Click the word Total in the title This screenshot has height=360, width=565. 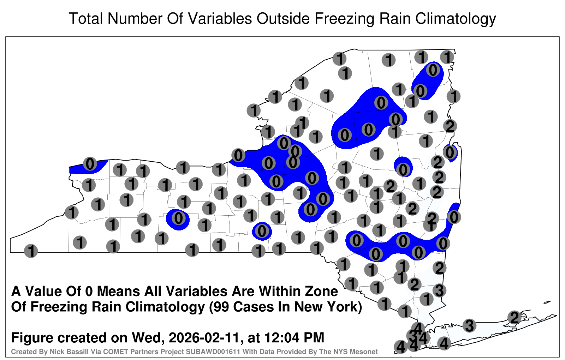click(86, 18)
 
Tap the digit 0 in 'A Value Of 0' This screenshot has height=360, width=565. click(89, 292)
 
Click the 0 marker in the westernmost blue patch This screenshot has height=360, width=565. click(90, 164)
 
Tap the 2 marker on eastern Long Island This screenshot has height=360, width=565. click(515, 317)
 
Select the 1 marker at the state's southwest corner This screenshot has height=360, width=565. click(31, 251)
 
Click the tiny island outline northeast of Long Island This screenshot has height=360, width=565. click(547, 302)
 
